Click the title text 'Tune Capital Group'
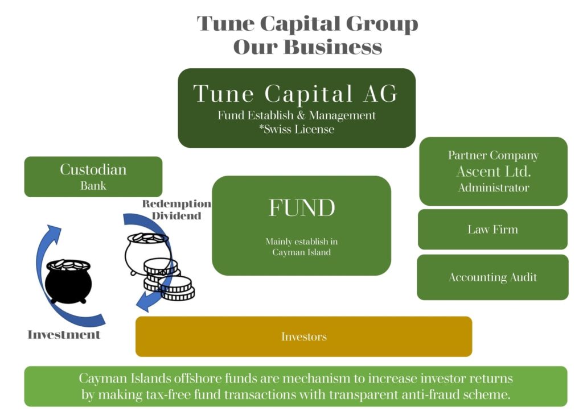coord(307,24)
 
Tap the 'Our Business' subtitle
coord(307,47)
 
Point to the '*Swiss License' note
coord(296,129)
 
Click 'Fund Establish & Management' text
coord(296,115)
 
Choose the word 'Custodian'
coord(93,169)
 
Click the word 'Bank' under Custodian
coord(93,185)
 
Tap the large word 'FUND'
coord(301,208)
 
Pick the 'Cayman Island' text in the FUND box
coord(301,252)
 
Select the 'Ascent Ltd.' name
coord(493,171)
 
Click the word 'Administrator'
coord(493,188)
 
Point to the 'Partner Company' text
coord(493,155)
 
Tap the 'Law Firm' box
coord(492,230)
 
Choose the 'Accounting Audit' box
coord(492,277)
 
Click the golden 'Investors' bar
coord(303,336)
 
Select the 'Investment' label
coord(64,335)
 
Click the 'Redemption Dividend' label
coord(176,210)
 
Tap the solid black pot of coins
coord(67,281)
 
